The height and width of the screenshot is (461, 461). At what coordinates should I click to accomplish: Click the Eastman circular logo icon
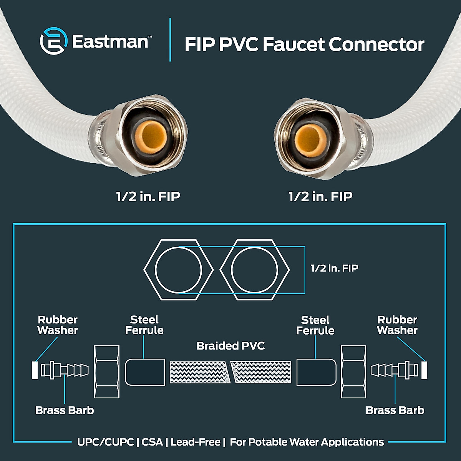[x=54, y=41]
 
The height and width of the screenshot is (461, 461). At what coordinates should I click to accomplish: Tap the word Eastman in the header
[x=110, y=42]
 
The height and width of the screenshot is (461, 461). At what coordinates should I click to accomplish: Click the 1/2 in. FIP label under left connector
[x=148, y=197]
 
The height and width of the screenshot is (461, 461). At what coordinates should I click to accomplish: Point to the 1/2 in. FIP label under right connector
[x=320, y=197]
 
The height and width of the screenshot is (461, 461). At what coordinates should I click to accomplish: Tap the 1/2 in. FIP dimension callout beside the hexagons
[x=334, y=268]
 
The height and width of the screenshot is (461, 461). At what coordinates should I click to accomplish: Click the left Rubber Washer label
[x=58, y=325]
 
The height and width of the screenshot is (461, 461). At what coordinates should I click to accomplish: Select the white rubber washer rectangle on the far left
[x=35, y=370]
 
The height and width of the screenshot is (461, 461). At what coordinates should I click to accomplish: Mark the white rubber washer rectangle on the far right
[x=424, y=370]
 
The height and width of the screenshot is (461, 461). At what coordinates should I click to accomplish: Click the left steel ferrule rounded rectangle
[x=145, y=372]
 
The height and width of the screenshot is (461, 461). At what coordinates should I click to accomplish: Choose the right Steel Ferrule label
[x=315, y=325]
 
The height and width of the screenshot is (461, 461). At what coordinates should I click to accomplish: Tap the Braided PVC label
[x=230, y=346]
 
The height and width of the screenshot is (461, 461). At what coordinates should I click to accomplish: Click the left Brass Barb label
[x=65, y=410]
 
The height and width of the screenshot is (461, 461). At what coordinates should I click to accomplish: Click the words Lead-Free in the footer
[x=196, y=442]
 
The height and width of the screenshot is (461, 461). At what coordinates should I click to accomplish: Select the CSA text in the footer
[x=152, y=442]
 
